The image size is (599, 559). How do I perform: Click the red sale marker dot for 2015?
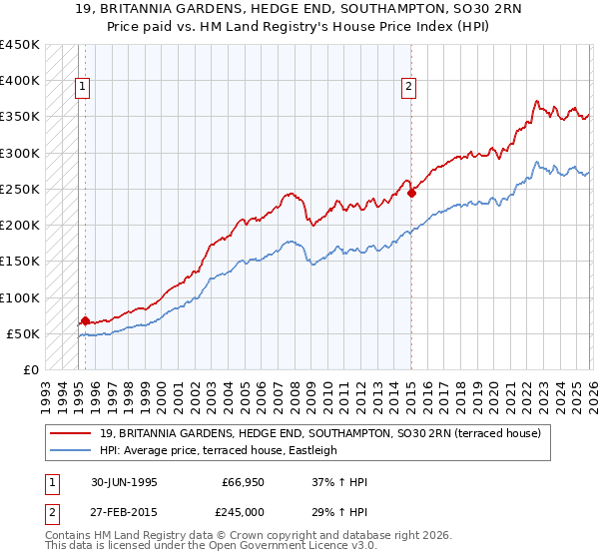[x=411, y=193]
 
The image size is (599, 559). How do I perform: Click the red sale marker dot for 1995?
[x=85, y=321]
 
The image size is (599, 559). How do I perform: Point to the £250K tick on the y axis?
[x=20, y=190]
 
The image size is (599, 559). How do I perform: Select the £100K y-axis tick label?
[x=20, y=297]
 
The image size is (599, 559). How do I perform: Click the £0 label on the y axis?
[x=30, y=370]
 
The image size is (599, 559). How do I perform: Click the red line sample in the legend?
[x=73, y=433]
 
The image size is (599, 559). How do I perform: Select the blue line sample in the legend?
[x=73, y=450]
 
